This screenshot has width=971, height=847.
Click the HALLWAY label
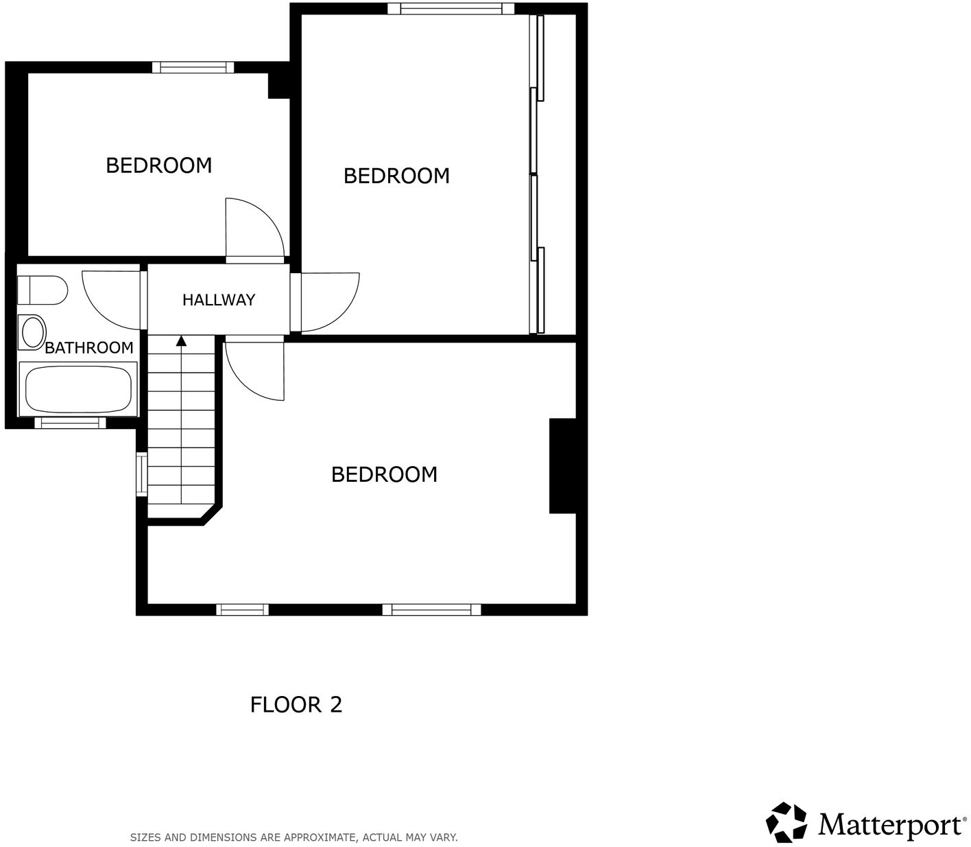(218, 300)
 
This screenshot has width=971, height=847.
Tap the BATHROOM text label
(88, 347)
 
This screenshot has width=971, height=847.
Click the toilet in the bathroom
(43, 290)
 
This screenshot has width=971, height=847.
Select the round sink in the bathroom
(33, 332)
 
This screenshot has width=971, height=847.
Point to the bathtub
(78, 389)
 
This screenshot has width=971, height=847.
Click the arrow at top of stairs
(181, 340)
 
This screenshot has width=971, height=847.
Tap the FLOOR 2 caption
(296, 705)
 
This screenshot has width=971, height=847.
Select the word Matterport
(890, 824)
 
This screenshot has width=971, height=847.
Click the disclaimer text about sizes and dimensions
(293, 837)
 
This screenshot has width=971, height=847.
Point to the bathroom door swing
(110, 299)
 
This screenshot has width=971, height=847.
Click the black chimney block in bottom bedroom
(562, 466)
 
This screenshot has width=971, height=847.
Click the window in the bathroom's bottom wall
(70, 423)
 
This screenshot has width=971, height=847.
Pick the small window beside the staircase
(141, 474)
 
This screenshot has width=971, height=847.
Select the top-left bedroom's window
(193, 67)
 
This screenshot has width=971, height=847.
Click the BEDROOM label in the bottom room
(384, 474)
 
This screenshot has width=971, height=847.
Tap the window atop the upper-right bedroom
(451, 9)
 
